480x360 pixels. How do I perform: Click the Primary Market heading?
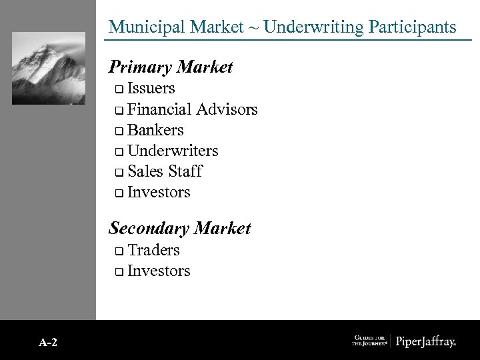click(171, 67)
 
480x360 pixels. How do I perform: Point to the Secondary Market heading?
click(179, 228)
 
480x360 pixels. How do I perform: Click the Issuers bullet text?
click(151, 88)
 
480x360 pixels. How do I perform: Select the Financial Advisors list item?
click(192, 109)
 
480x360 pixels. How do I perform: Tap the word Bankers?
click(155, 130)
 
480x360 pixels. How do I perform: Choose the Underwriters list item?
click(172, 151)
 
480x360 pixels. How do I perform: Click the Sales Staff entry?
click(164, 171)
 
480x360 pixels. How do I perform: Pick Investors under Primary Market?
click(159, 192)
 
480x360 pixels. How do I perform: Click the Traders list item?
click(153, 250)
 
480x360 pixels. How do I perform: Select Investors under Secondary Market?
click(159, 271)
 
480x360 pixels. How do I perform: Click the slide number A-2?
click(48, 342)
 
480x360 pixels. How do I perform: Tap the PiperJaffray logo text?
click(426, 341)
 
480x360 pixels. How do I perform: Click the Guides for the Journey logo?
click(369, 341)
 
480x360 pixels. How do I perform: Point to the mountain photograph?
click(49, 68)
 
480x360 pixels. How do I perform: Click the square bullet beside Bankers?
click(118, 131)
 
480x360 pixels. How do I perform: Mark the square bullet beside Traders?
click(118, 251)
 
